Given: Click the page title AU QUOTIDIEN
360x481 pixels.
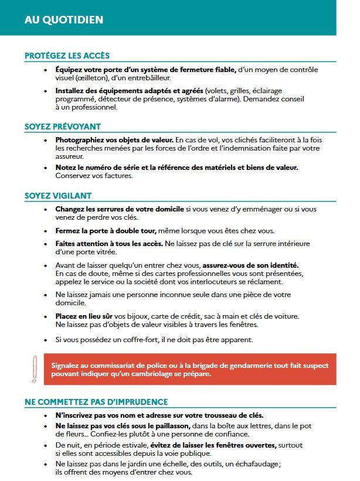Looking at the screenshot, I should click(64, 19).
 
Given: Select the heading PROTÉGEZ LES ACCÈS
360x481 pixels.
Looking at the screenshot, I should click(67, 56).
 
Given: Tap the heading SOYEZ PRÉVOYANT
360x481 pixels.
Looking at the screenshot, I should click(63, 126).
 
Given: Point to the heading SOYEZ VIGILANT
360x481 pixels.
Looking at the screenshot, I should click(57, 195).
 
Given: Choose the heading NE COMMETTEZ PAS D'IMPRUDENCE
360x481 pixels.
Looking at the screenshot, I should click(96, 401).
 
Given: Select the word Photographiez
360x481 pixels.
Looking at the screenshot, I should click(81, 140).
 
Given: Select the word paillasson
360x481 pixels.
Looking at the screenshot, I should click(169, 426).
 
